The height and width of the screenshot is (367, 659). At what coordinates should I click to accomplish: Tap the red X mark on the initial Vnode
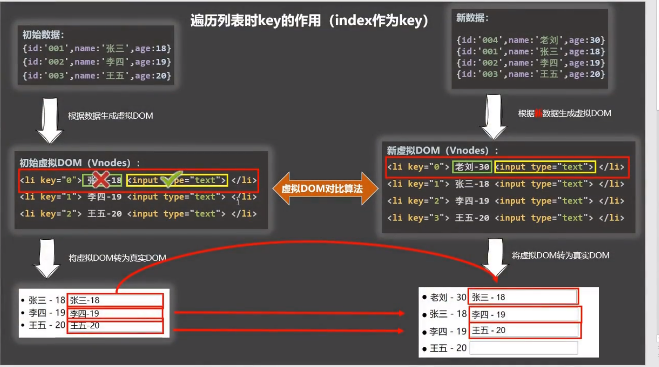point(101,180)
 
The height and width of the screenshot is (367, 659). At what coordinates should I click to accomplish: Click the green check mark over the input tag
point(171,180)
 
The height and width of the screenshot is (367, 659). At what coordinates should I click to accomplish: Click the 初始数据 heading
point(43,35)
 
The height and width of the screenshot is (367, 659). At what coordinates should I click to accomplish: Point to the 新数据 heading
point(472,18)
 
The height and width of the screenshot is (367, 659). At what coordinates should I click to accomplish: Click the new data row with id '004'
point(531,40)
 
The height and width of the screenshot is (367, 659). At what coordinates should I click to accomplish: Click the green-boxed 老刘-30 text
point(472,167)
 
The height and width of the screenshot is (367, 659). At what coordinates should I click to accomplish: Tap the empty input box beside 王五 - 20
point(524,348)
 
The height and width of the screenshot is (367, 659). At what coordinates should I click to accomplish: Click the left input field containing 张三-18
point(115,300)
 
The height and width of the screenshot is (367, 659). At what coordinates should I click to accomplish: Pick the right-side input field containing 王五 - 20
point(524,331)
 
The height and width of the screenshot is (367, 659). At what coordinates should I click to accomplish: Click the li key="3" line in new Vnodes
point(505,218)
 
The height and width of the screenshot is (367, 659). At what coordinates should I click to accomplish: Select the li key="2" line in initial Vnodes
point(138,214)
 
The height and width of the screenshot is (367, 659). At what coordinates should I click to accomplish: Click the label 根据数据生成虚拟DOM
point(110,116)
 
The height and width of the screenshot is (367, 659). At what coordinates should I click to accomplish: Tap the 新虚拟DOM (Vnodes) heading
point(442,150)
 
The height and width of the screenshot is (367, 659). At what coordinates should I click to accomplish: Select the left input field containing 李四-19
point(115,314)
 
